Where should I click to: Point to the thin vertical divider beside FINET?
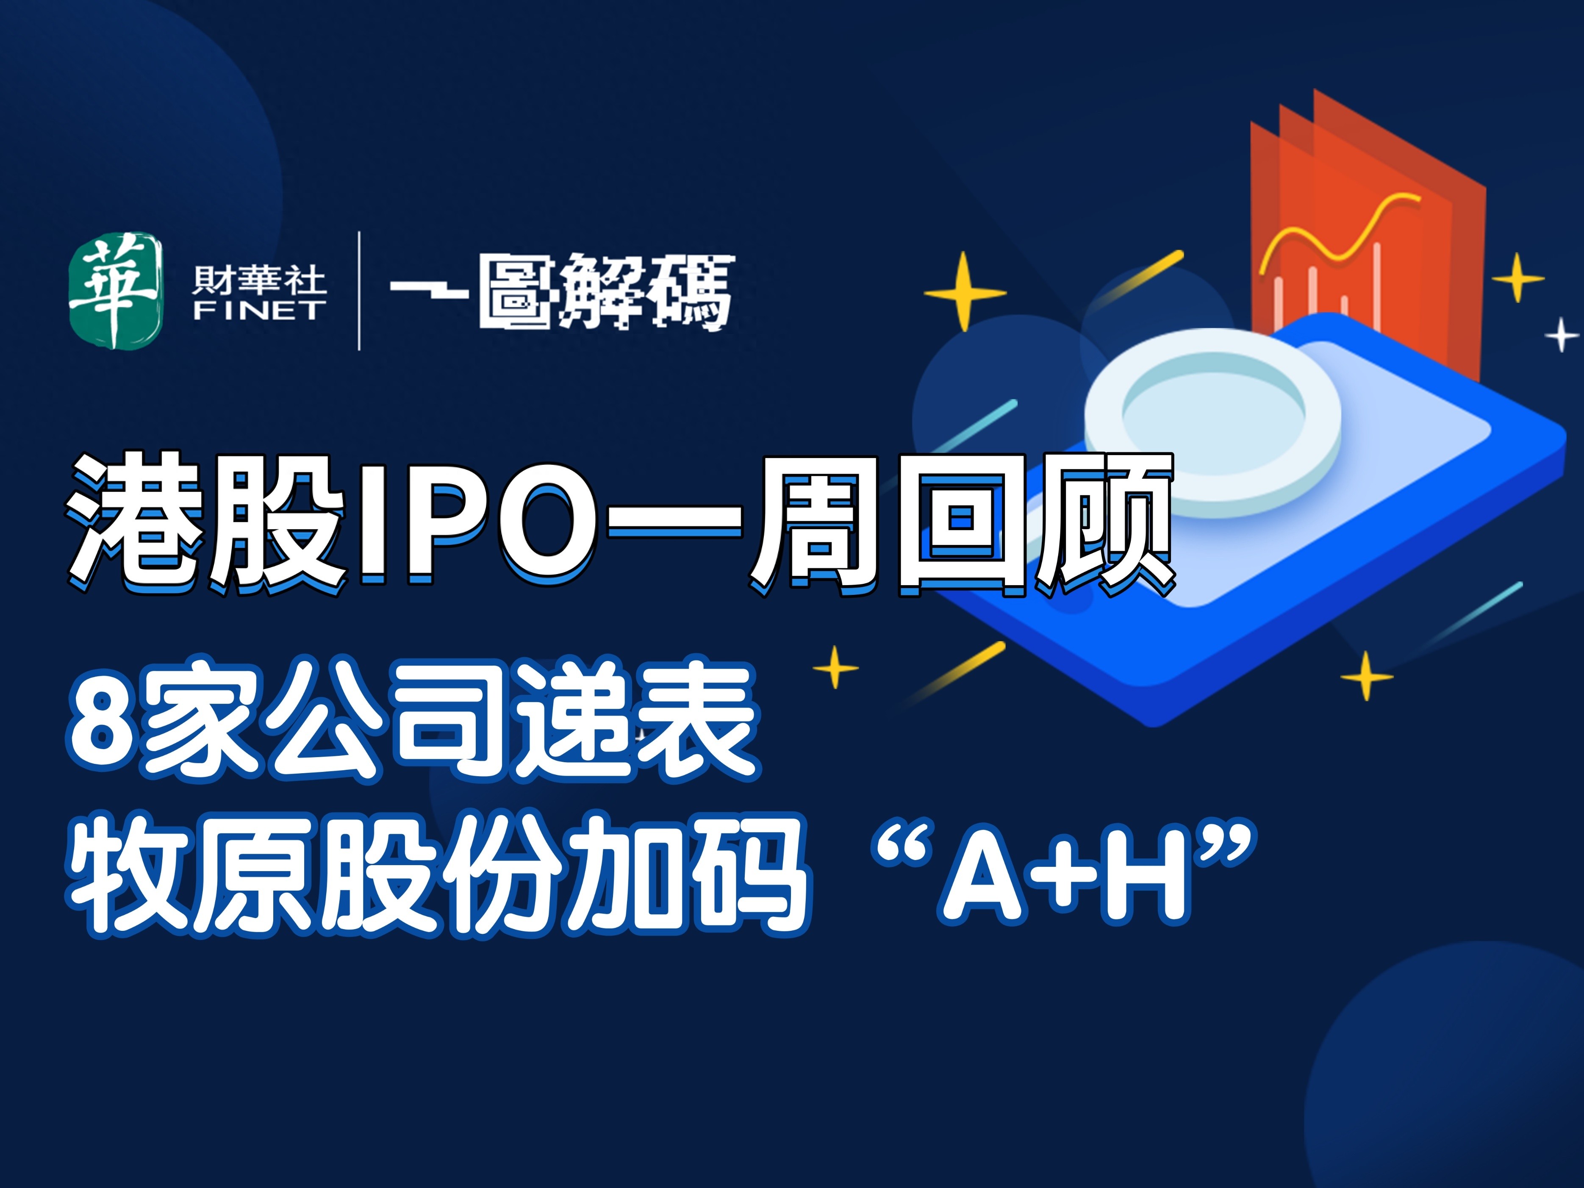point(359,290)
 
